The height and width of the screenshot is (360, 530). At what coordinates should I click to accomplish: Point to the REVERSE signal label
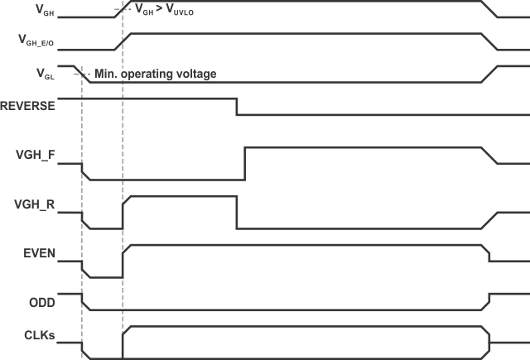[x=29, y=106]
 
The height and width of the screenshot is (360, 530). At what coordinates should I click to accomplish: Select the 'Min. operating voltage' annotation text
[x=156, y=74]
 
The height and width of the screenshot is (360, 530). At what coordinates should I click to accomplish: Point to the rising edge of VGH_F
[x=244, y=163]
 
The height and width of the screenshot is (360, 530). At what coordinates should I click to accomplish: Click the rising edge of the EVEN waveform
[x=123, y=262]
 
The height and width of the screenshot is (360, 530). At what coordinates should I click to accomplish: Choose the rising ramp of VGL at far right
[x=489, y=74]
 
